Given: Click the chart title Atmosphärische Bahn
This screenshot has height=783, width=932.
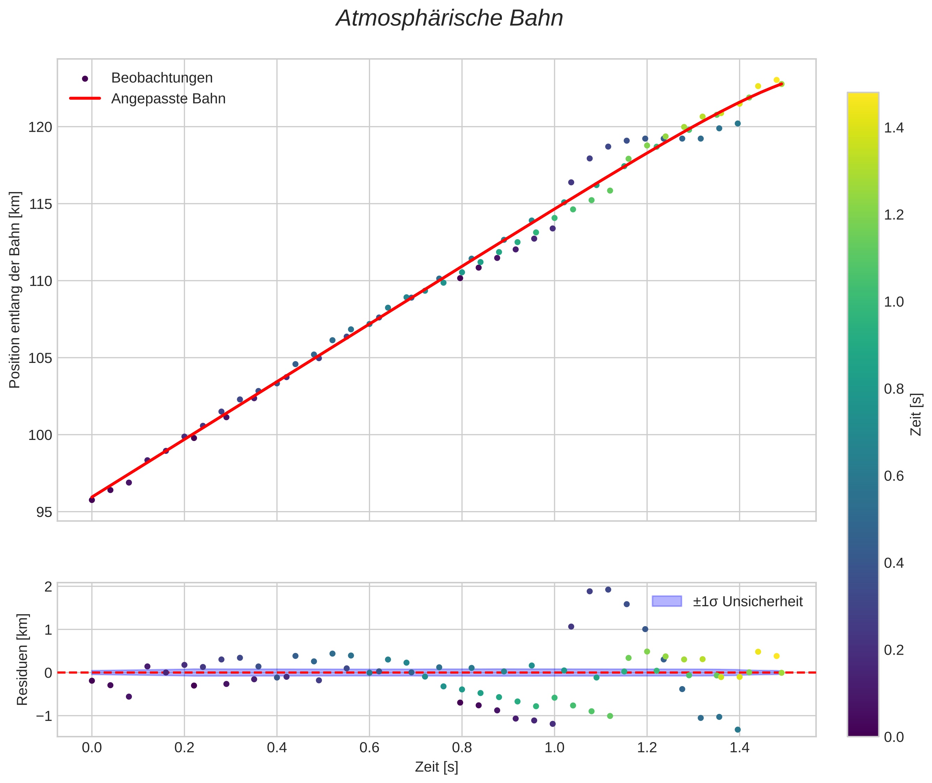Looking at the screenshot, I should pos(449,18).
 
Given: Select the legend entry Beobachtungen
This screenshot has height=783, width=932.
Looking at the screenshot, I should pos(161,78).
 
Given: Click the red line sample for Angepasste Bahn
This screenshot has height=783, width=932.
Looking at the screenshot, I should pos(85,99).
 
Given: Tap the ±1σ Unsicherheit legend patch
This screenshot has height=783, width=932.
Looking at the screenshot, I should pos(667,601).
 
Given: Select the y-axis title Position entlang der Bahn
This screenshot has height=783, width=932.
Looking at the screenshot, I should pos(15,290).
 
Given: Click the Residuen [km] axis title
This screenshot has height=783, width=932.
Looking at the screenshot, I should pos(22,659).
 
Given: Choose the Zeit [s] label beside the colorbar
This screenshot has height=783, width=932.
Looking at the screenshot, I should pos(916,414).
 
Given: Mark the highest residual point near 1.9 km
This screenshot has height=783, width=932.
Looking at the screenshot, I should pos(608,590).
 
